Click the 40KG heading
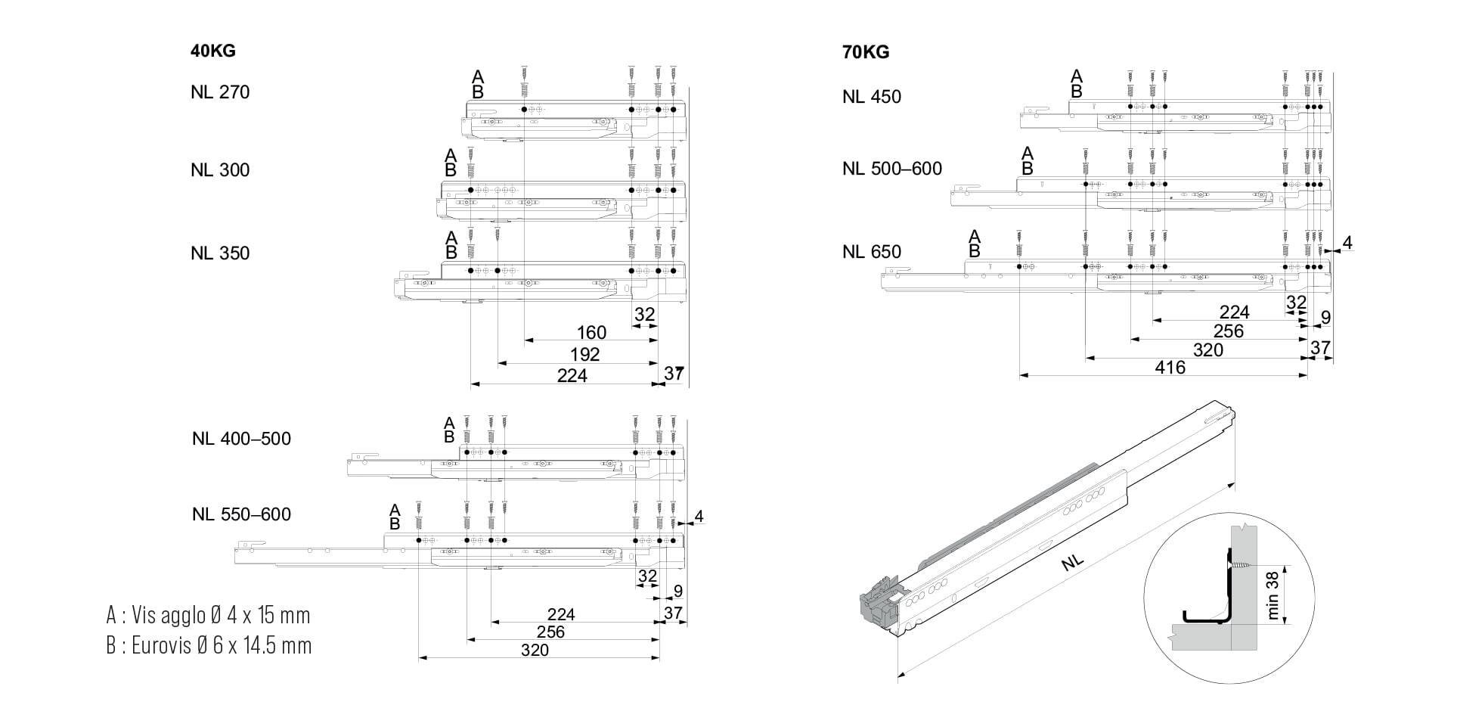pyautogui.click(x=213, y=51)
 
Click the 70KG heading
pyautogui.click(x=866, y=52)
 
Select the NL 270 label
pyautogui.click(x=220, y=92)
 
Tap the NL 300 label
pyautogui.click(x=220, y=170)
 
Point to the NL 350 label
pyautogui.click(x=220, y=253)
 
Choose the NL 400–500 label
pyautogui.click(x=241, y=439)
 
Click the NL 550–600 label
pyautogui.click(x=241, y=514)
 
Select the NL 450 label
pyautogui.click(x=872, y=97)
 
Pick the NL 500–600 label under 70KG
pyautogui.click(x=892, y=169)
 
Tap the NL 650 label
pyautogui.click(x=872, y=252)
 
